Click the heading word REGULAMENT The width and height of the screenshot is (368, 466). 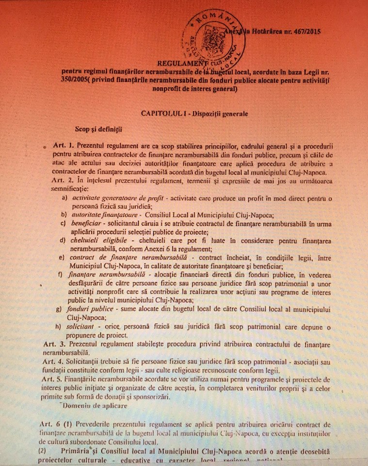pos(181,63)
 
